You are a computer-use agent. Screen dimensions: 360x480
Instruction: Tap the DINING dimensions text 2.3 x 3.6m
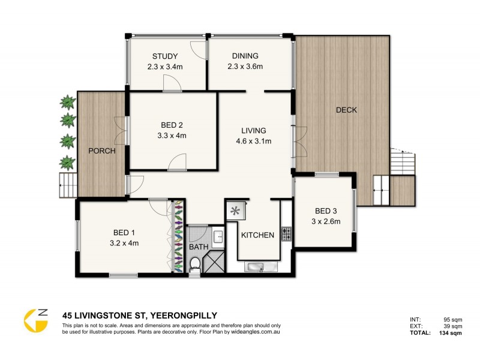pyautogui.click(x=245, y=67)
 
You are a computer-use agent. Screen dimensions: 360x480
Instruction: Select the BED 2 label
pyautogui.click(x=172, y=125)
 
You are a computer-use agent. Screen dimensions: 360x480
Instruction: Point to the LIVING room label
pyautogui.click(x=254, y=131)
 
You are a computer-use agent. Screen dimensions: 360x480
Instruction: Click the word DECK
pyautogui.click(x=346, y=110)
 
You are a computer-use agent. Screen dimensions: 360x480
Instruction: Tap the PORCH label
pyautogui.click(x=101, y=151)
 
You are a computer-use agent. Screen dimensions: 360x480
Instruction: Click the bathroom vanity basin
pyautogui.click(x=218, y=235)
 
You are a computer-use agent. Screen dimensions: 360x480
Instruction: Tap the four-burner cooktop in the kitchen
pyautogui.click(x=286, y=233)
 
